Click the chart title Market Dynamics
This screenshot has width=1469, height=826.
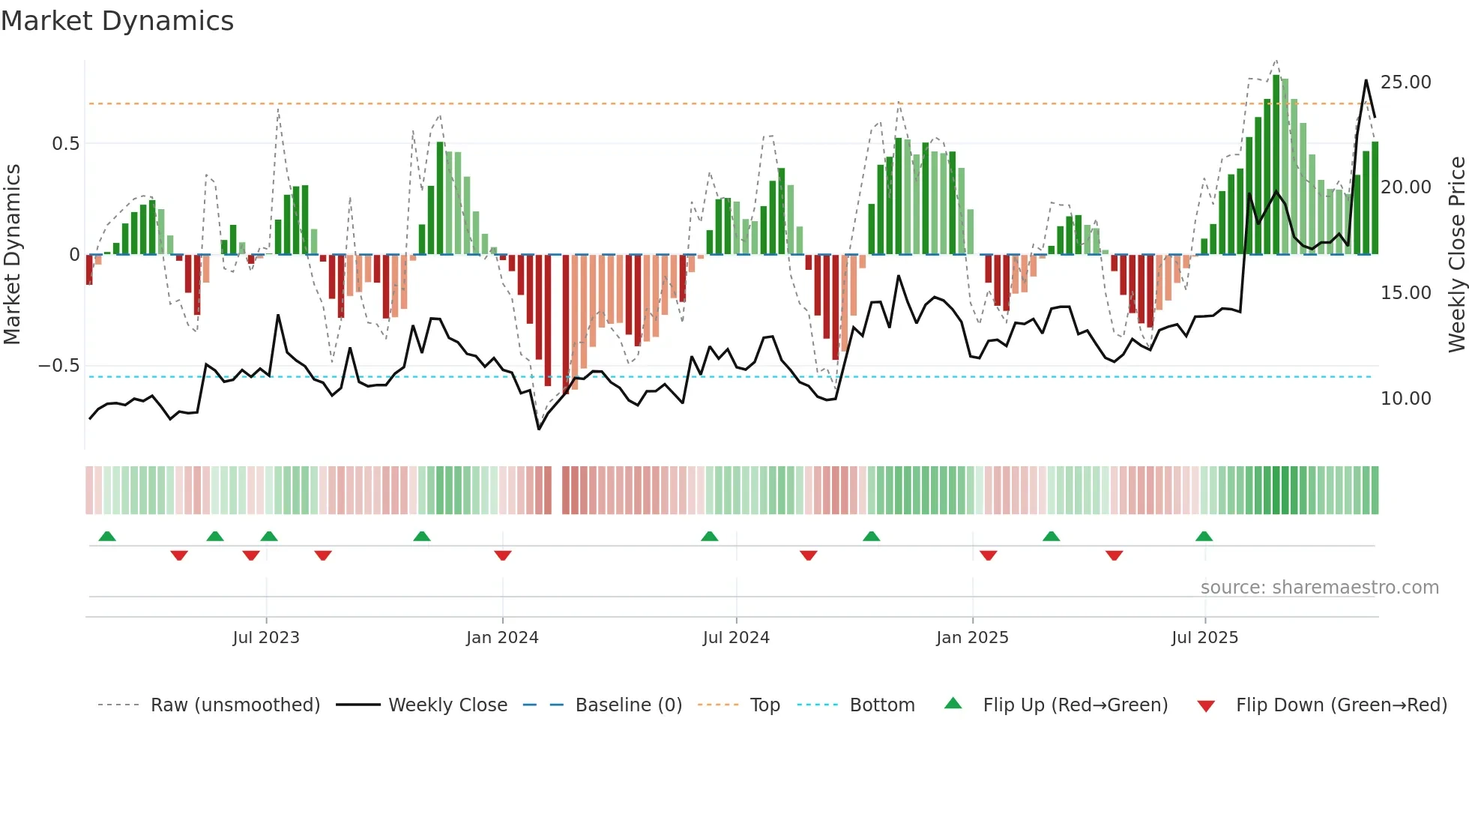118,21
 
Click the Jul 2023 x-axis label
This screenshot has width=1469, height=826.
266,638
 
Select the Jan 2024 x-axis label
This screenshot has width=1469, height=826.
502,638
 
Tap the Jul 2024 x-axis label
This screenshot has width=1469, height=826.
736,638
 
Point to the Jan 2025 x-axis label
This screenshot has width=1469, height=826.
972,638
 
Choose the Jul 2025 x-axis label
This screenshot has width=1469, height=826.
1205,638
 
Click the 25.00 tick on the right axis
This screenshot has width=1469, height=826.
1405,82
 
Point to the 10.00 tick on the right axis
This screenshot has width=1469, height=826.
1405,399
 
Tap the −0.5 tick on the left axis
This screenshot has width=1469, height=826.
58,366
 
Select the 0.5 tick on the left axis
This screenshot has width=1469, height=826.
65,144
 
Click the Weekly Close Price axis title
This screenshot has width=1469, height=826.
1456,255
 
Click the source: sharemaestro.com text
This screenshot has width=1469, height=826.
1319,588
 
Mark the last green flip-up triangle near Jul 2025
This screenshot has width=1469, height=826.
1204,536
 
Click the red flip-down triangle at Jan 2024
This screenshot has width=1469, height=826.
502,555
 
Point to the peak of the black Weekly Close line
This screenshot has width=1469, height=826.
1366,80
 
